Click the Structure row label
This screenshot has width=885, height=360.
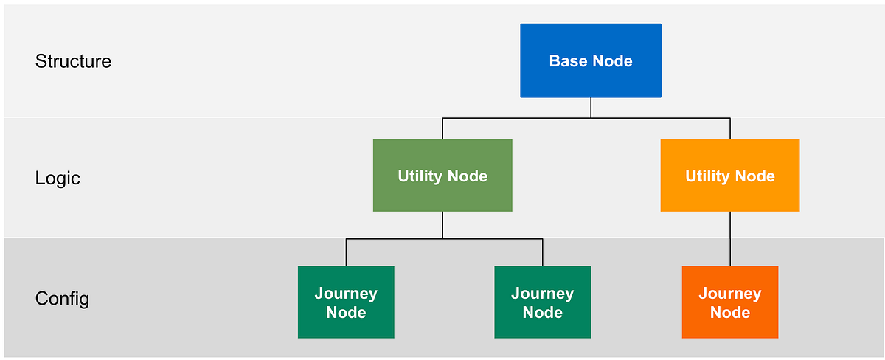73,61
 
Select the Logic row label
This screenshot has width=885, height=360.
58,179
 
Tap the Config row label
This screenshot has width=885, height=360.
62,299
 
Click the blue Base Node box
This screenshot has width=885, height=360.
590,60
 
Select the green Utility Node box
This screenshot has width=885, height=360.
442,176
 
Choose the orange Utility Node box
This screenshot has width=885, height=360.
729,176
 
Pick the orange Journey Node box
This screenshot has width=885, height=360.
729,302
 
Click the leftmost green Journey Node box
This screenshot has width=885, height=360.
346,302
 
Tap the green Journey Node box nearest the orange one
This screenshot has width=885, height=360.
542,302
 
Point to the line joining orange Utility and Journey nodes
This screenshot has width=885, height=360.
730,239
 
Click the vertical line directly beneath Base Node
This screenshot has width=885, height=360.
591,108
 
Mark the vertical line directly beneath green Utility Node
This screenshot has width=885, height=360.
442,225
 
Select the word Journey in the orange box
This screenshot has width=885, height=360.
729,294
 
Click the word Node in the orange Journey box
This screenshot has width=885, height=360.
729,313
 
